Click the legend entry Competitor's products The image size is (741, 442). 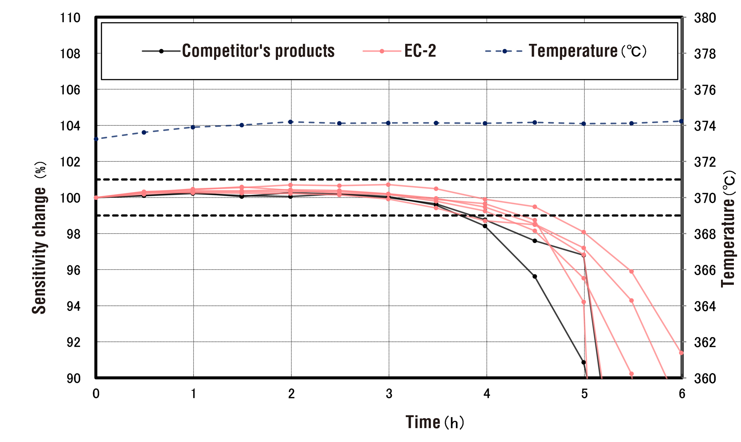[258, 51]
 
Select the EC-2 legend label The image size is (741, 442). [420, 51]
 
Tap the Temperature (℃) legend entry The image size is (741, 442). [587, 51]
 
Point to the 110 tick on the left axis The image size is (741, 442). [70, 18]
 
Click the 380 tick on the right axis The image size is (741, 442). [705, 18]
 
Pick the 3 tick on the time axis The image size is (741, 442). [389, 394]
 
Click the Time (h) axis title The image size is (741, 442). [434, 422]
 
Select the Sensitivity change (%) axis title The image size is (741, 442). [40, 238]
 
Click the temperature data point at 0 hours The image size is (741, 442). [96, 139]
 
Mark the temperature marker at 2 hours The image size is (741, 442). [291, 122]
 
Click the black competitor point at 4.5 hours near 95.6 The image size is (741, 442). [535, 277]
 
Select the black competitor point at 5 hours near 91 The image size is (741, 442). [584, 362]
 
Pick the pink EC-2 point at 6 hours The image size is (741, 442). [681, 353]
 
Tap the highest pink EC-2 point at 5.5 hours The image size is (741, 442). [631, 272]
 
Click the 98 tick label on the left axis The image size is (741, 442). [73, 234]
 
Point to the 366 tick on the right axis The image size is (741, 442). [705, 270]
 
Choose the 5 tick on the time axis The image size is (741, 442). [584, 394]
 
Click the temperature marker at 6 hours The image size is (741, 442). [681, 122]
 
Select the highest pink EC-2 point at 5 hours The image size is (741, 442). [584, 232]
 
